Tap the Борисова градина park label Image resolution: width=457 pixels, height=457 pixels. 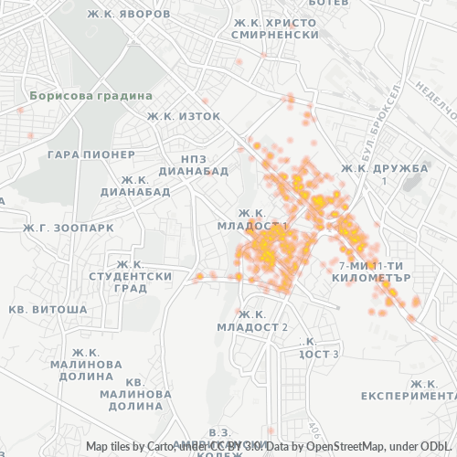[77, 95]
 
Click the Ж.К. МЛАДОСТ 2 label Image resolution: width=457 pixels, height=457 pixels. [252, 321]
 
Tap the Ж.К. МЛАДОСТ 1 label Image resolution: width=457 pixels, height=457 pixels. [252, 219]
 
